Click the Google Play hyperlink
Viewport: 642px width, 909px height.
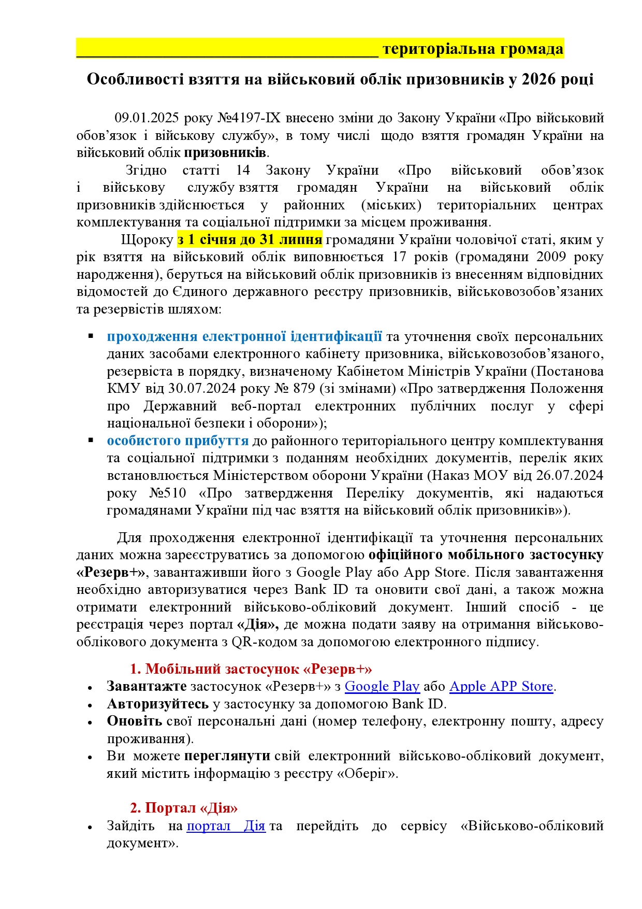(x=382, y=686)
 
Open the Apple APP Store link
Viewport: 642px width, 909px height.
(x=501, y=686)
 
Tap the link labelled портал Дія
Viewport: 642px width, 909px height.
(x=226, y=826)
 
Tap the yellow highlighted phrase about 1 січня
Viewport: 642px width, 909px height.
(x=250, y=240)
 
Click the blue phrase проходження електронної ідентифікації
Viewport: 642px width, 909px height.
(x=244, y=336)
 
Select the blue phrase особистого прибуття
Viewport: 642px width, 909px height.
(x=178, y=441)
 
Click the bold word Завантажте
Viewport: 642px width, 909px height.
(x=147, y=686)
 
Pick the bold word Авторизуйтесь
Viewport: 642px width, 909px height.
(x=157, y=704)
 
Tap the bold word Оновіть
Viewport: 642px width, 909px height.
(x=134, y=721)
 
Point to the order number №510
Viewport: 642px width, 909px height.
(x=168, y=493)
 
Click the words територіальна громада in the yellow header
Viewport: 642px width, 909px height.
(x=473, y=49)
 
